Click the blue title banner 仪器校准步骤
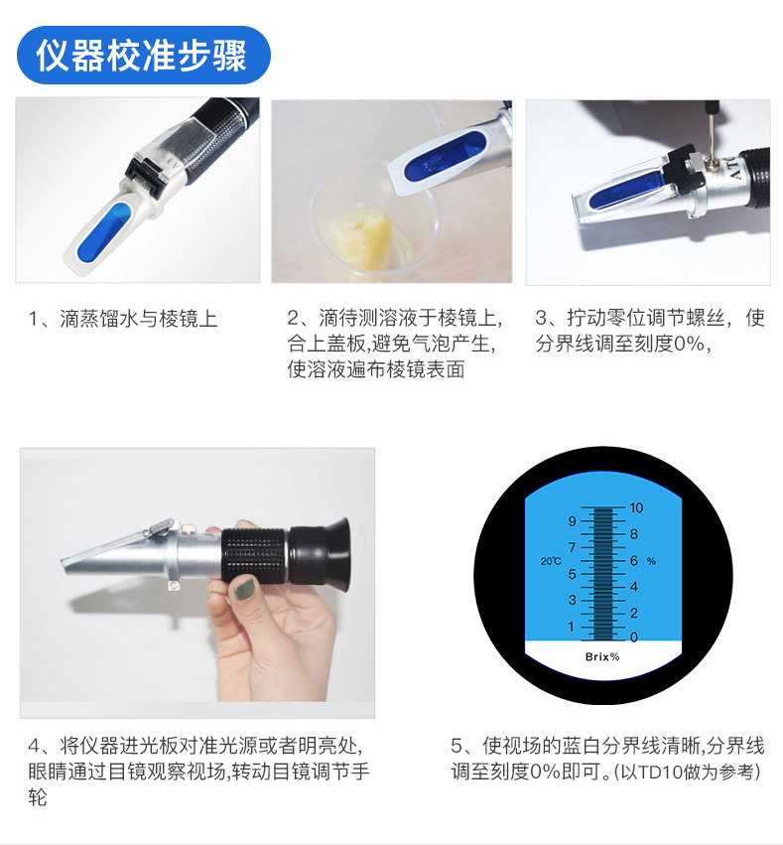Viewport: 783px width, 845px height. (x=143, y=55)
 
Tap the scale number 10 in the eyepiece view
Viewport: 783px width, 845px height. (x=636, y=507)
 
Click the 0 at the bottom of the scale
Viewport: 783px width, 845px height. (x=634, y=637)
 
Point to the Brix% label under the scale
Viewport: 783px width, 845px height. (x=602, y=656)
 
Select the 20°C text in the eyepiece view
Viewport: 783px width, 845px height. (x=551, y=561)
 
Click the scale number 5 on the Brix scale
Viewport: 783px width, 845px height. (x=572, y=574)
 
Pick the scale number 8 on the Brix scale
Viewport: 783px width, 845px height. (x=634, y=534)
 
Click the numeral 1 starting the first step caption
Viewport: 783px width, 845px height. (x=34, y=319)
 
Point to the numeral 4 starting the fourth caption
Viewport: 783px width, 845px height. (x=34, y=746)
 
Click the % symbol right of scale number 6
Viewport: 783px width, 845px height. (x=651, y=561)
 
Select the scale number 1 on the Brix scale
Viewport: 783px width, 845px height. (x=572, y=627)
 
